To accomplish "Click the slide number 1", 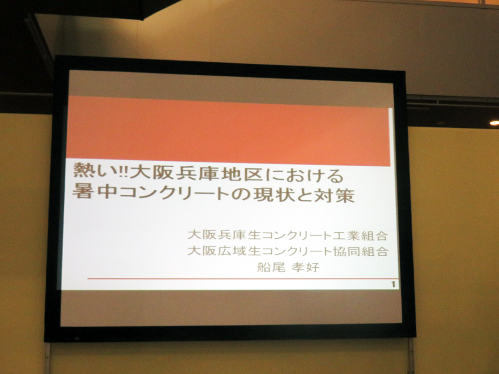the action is click(393, 284).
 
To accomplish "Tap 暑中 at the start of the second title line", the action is click(92, 191).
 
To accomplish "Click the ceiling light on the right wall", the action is click(494, 123).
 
